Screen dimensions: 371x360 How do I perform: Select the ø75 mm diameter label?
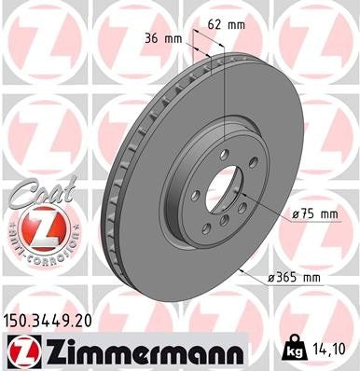[x=314, y=215]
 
